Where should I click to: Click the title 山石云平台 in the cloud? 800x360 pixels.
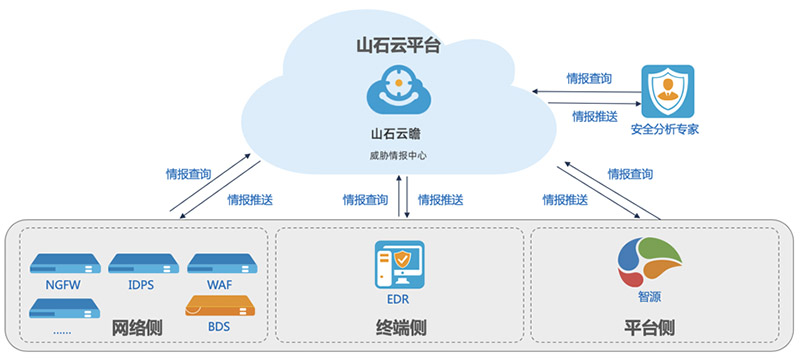pos(399,45)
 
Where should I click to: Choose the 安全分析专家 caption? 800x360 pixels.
pos(664,130)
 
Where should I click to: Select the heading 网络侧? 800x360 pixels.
pos(137,328)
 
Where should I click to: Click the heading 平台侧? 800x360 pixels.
pos(651,328)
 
